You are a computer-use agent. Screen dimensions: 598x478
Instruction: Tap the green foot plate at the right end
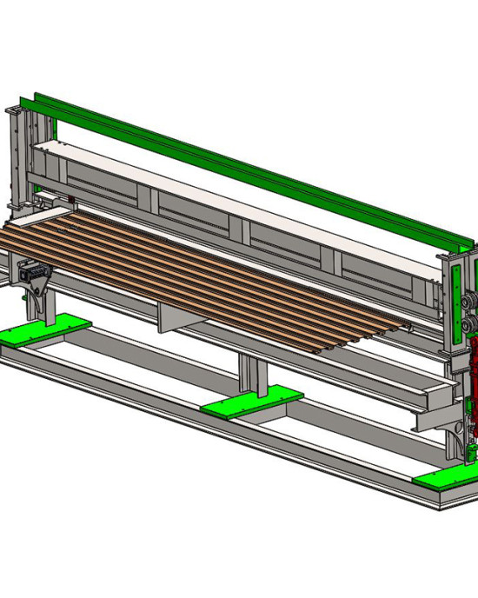click(445, 474)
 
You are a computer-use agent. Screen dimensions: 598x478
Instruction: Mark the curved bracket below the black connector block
click(40, 300)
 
